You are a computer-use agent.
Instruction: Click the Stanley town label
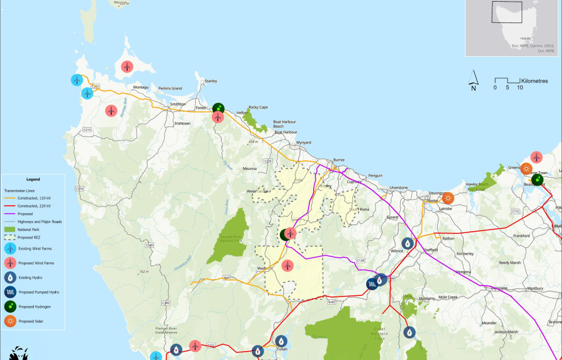[211, 81]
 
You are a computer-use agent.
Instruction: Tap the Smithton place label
[178, 105]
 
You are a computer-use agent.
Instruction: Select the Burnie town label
[338, 160]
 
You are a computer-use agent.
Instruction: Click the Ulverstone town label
[398, 187]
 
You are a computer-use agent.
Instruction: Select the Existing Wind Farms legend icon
[11, 248]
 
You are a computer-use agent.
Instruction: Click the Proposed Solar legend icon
[11, 321]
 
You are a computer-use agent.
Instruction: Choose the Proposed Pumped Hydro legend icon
[11, 292]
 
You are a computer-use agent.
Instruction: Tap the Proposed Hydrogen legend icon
[11, 307]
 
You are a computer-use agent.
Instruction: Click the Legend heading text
[33, 179]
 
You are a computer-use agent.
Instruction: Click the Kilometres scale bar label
[534, 81]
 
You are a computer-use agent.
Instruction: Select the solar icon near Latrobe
[448, 198]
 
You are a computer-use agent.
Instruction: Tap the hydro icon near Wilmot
[409, 242]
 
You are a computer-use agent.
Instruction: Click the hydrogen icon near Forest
[219, 108]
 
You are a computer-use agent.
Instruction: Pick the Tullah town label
[282, 349]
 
